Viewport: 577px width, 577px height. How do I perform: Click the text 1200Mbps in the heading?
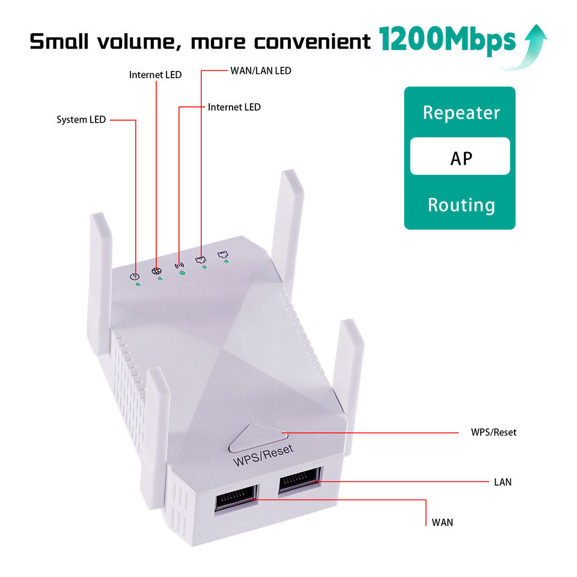(447, 41)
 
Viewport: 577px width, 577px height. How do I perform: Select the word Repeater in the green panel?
(461, 112)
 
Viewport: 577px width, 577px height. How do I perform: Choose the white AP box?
(460, 157)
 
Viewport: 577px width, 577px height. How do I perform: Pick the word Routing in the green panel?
(461, 205)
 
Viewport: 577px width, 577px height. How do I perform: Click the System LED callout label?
(81, 120)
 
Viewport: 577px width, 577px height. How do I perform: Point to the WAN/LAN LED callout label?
(260, 71)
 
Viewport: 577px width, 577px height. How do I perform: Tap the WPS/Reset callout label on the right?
(493, 432)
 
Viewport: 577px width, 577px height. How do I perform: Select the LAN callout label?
(502, 482)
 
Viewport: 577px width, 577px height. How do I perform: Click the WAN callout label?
(442, 522)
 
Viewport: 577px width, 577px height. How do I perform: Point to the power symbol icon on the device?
(135, 276)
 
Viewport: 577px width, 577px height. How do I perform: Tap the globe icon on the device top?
(156, 270)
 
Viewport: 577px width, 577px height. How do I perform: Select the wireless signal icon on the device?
(179, 264)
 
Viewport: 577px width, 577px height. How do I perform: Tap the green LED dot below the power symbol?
(138, 284)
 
